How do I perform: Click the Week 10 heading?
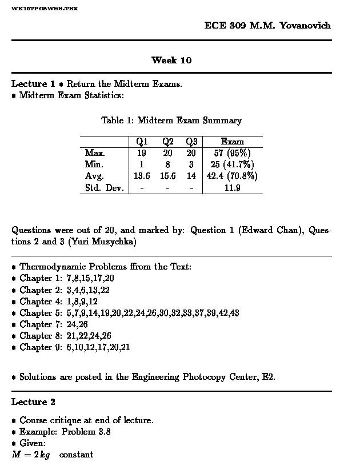(171, 60)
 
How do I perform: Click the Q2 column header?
(168, 142)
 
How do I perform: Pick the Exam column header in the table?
(232, 142)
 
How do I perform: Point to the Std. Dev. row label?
(104, 188)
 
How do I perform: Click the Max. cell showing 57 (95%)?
(232, 153)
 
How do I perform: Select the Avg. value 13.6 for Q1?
(142, 176)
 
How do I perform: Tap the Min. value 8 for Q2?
(168, 164)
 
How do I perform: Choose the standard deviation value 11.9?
(232, 188)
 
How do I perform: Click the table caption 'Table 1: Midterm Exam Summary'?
(171, 120)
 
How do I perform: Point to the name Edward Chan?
(267, 231)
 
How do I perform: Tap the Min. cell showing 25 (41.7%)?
(232, 164)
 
